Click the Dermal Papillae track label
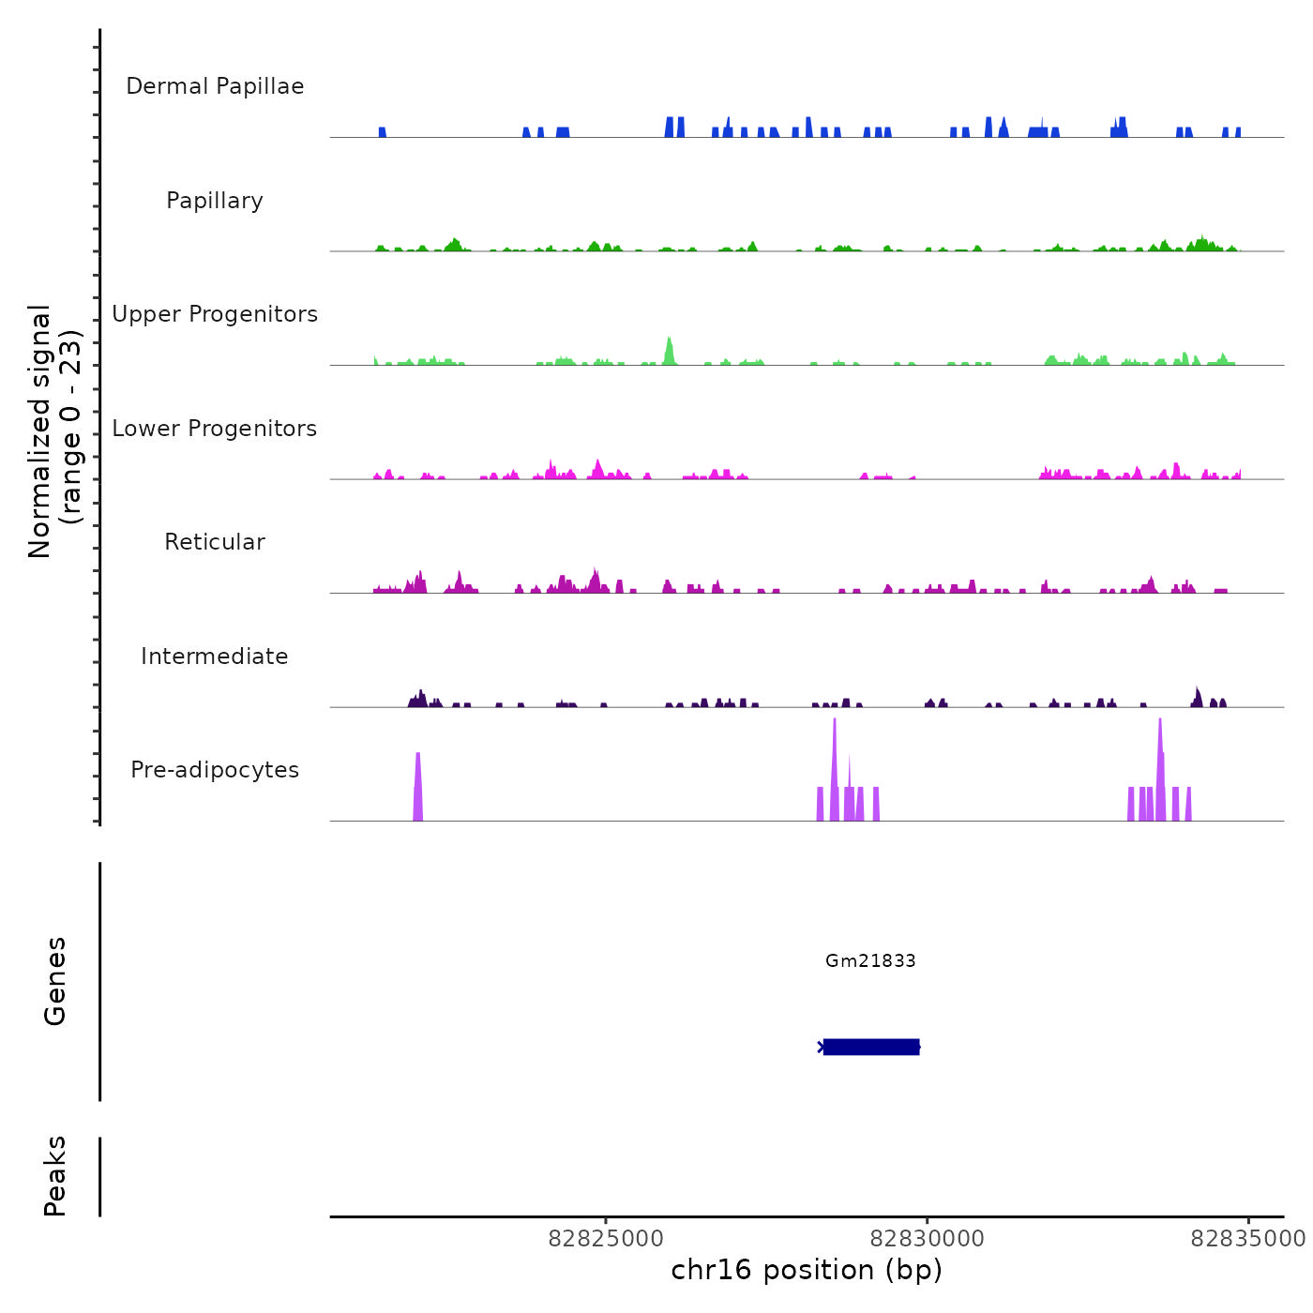[215, 86]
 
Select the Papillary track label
[215, 201]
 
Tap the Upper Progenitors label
[215, 314]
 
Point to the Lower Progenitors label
[215, 429]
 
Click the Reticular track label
[215, 542]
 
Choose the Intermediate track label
[215, 656]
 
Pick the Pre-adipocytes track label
[215, 770]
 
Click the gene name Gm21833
[870, 960]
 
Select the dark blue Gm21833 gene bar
[871, 1047]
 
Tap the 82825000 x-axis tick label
[606, 1239]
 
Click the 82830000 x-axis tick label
[928, 1239]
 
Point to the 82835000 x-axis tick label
[1247, 1239]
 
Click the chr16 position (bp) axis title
[807, 1270]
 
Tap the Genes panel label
[55, 981]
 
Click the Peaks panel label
[55, 1176]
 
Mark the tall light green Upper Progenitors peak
[669, 352]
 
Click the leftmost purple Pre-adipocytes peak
[418, 788]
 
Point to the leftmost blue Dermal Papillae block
[383, 132]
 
